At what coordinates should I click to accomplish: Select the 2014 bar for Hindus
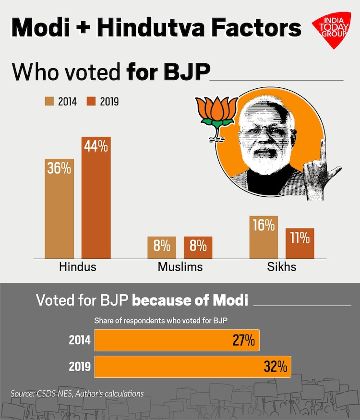pyautogui.click(x=59, y=209)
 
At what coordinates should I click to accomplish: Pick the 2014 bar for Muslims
pyautogui.click(x=162, y=248)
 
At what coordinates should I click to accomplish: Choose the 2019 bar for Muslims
pyautogui.click(x=198, y=248)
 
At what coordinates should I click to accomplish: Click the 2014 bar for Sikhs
pyautogui.click(x=264, y=238)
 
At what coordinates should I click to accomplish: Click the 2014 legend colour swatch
pyautogui.click(x=49, y=101)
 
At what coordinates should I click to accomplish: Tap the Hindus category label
pyautogui.click(x=78, y=267)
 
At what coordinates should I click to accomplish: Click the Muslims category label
pyautogui.click(x=180, y=267)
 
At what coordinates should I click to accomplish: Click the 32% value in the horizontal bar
pyautogui.click(x=275, y=367)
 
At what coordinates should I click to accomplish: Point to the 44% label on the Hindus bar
pyautogui.click(x=96, y=146)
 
